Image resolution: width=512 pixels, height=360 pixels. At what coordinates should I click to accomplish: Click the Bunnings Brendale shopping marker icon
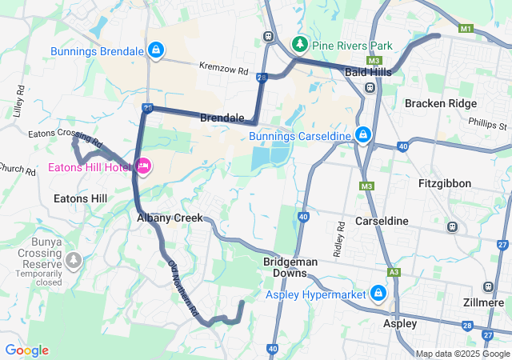click(157, 50)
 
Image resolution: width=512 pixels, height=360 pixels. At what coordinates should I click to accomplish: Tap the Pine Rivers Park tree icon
click(300, 43)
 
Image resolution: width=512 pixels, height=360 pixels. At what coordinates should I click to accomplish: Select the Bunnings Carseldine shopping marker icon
click(363, 134)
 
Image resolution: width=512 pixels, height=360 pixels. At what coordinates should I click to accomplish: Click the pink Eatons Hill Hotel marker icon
click(144, 166)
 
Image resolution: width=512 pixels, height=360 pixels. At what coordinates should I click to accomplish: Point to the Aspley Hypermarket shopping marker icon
click(378, 294)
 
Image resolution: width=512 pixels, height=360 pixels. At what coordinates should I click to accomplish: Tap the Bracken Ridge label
click(440, 104)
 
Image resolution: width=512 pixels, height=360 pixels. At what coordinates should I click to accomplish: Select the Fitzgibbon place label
click(445, 183)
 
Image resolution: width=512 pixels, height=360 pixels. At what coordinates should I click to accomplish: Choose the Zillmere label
click(483, 303)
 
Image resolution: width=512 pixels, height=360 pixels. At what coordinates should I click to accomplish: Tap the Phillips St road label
click(489, 124)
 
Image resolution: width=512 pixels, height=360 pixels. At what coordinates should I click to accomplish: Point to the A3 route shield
click(394, 272)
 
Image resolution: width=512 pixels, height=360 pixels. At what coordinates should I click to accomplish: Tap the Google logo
click(26, 350)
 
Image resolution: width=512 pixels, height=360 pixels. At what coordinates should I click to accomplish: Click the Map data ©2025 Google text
click(462, 354)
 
